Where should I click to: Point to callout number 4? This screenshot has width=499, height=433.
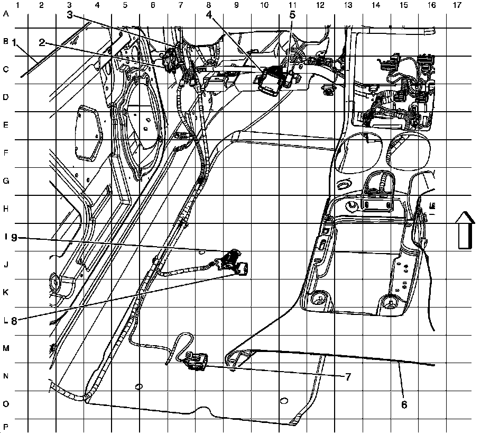click(x=209, y=15)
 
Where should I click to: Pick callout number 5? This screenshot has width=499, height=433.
click(x=292, y=15)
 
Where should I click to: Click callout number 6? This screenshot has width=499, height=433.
click(x=404, y=404)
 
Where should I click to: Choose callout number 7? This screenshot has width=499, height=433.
click(x=348, y=377)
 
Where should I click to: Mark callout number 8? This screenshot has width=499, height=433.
click(x=14, y=320)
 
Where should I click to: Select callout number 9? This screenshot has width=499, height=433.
click(x=14, y=238)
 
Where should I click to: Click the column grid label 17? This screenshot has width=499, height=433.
click(x=457, y=5)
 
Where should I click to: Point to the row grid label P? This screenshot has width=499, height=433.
click(x=6, y=426)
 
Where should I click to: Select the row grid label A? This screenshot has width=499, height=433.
click(x=6, y=14)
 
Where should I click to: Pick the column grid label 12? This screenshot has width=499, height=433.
click(x=319, y=5)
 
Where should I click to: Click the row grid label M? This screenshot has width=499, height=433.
click(x=6, y=348)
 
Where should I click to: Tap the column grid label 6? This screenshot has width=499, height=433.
click(x=153, y=5)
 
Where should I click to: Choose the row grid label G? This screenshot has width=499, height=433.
click(x=6, y=181)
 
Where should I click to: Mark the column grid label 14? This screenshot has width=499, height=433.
click(x=375, y=5)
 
